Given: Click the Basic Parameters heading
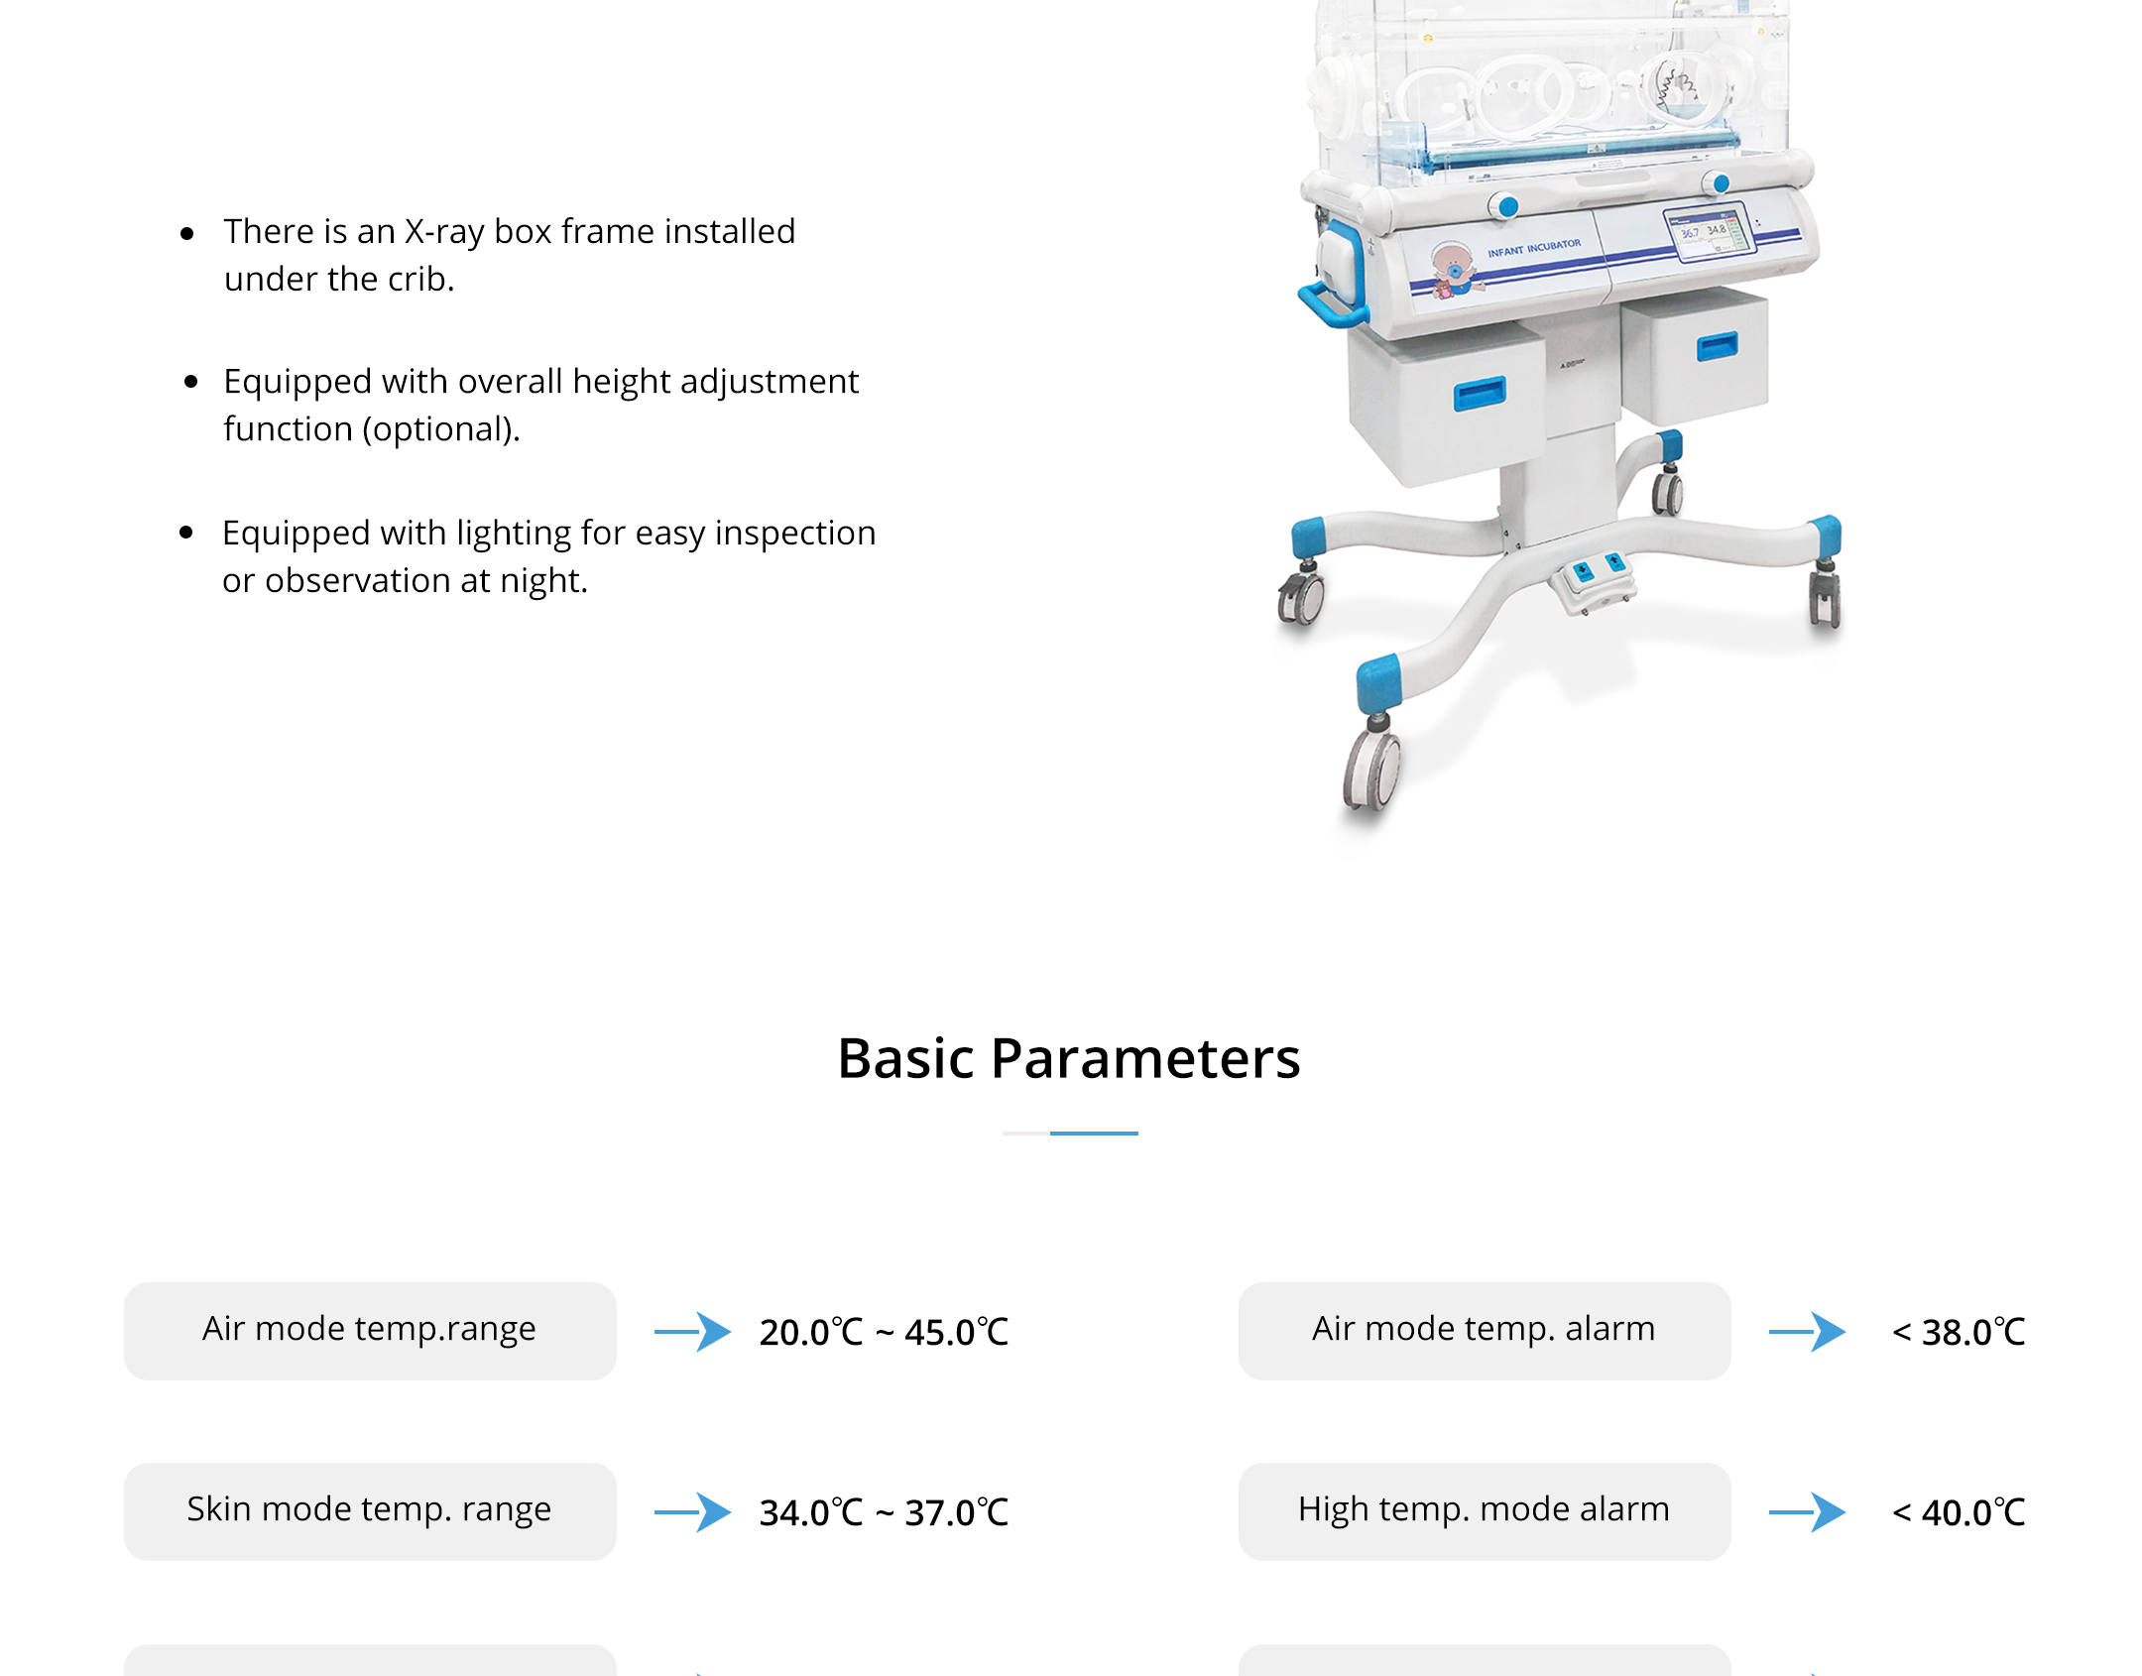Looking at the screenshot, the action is (x=1069, y=1058).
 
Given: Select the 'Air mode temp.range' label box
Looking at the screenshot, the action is (x=370, y=1331).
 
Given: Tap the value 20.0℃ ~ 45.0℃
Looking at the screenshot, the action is (x=884, y=1332).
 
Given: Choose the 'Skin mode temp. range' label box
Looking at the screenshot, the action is (x=370, y=1511).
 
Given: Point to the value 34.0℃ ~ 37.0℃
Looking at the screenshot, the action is (x=884, y=1512).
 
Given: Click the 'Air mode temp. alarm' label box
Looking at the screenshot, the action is (x=1485, y=1331).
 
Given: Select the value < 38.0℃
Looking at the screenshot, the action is (x=1959, y=1332).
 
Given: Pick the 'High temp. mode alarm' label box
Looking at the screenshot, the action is (x=1485, y=1511).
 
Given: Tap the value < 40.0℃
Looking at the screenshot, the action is (x=1959, y=1512).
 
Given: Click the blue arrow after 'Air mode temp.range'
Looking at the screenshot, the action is (x=693, y=1332).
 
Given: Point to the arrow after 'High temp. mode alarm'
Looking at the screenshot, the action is (x=1808, y=1512).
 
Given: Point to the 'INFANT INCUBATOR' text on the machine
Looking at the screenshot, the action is (x=1534, y=248).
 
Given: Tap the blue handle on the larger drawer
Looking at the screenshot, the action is (x=1480, y=393).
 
